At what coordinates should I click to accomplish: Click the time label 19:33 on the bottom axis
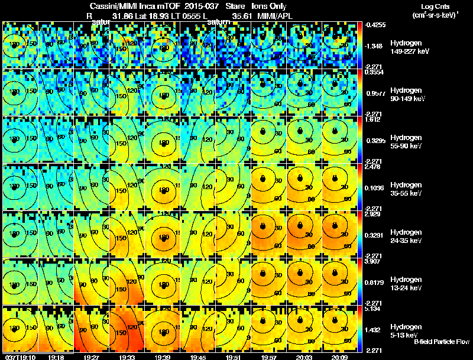coord(126,357)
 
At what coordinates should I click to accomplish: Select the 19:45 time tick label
coord(197,357)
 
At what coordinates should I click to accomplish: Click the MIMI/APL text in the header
coord(276,17)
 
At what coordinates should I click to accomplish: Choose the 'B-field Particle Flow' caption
coord(441,342)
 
